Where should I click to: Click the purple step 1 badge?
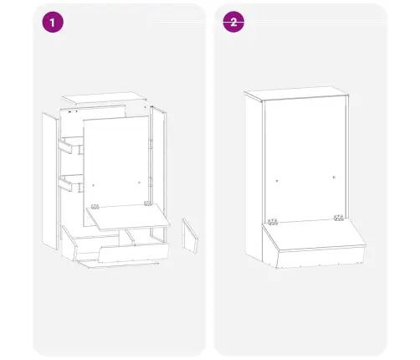click(53, 22)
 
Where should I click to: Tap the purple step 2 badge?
click(233, 22)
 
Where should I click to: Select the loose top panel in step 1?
click(104, 97)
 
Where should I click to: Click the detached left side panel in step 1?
click(50, 181)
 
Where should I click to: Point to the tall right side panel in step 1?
click(158, 173)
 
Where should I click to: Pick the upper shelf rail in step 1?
click(65, 147)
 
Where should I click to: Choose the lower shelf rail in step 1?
click(65, 184)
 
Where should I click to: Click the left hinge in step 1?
click(95, 207)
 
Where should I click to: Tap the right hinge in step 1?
click(147, 203)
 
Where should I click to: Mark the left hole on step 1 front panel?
click(94, 185)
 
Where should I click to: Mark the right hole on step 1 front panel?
click(140, 183)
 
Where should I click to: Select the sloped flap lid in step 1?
click(128, 217)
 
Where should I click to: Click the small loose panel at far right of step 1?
click(190, 236)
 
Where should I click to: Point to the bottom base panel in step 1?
click(119, 264)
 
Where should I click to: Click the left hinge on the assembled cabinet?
click(273, 222)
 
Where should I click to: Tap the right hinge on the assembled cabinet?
click(339, 218)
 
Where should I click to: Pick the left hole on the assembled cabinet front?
click(277, 181)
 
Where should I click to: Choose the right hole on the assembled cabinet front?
click(334, 177)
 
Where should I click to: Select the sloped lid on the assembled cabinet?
click(314, 234)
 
